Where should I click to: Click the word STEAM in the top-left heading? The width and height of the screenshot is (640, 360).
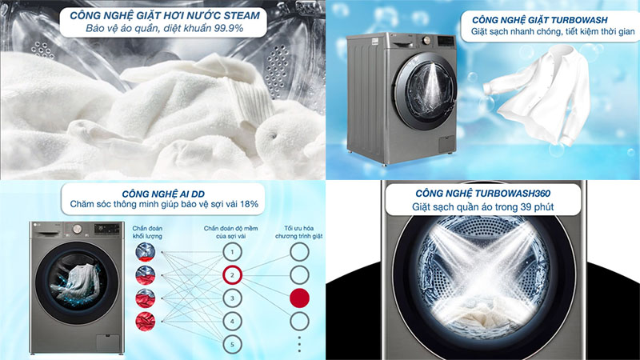point(242,15)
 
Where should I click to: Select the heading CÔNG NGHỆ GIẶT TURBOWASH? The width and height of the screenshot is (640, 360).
point(539,20)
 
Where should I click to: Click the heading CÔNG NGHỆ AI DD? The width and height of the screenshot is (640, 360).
point(163,194)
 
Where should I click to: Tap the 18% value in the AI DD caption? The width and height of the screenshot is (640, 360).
point(249,204)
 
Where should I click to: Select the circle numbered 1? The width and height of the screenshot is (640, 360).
point(232,252)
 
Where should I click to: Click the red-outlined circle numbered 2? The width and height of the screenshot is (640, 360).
point(232,275)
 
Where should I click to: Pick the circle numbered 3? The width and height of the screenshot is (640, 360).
point(232,298)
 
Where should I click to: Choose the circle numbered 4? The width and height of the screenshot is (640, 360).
point(232,322)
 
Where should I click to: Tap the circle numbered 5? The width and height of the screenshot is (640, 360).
point(232,345)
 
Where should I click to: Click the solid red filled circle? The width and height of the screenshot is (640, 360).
point(299,298)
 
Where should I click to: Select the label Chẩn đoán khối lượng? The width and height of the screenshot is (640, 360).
point(147,232)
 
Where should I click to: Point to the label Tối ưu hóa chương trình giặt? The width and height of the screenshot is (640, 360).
point(298,232)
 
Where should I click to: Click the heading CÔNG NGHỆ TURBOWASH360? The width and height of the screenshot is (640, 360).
point(483,194)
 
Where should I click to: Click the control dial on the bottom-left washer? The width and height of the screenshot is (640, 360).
point(77,229)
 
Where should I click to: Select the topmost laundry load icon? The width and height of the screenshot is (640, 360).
point(146,252)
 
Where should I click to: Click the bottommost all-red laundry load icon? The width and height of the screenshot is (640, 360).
point(146,322)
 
